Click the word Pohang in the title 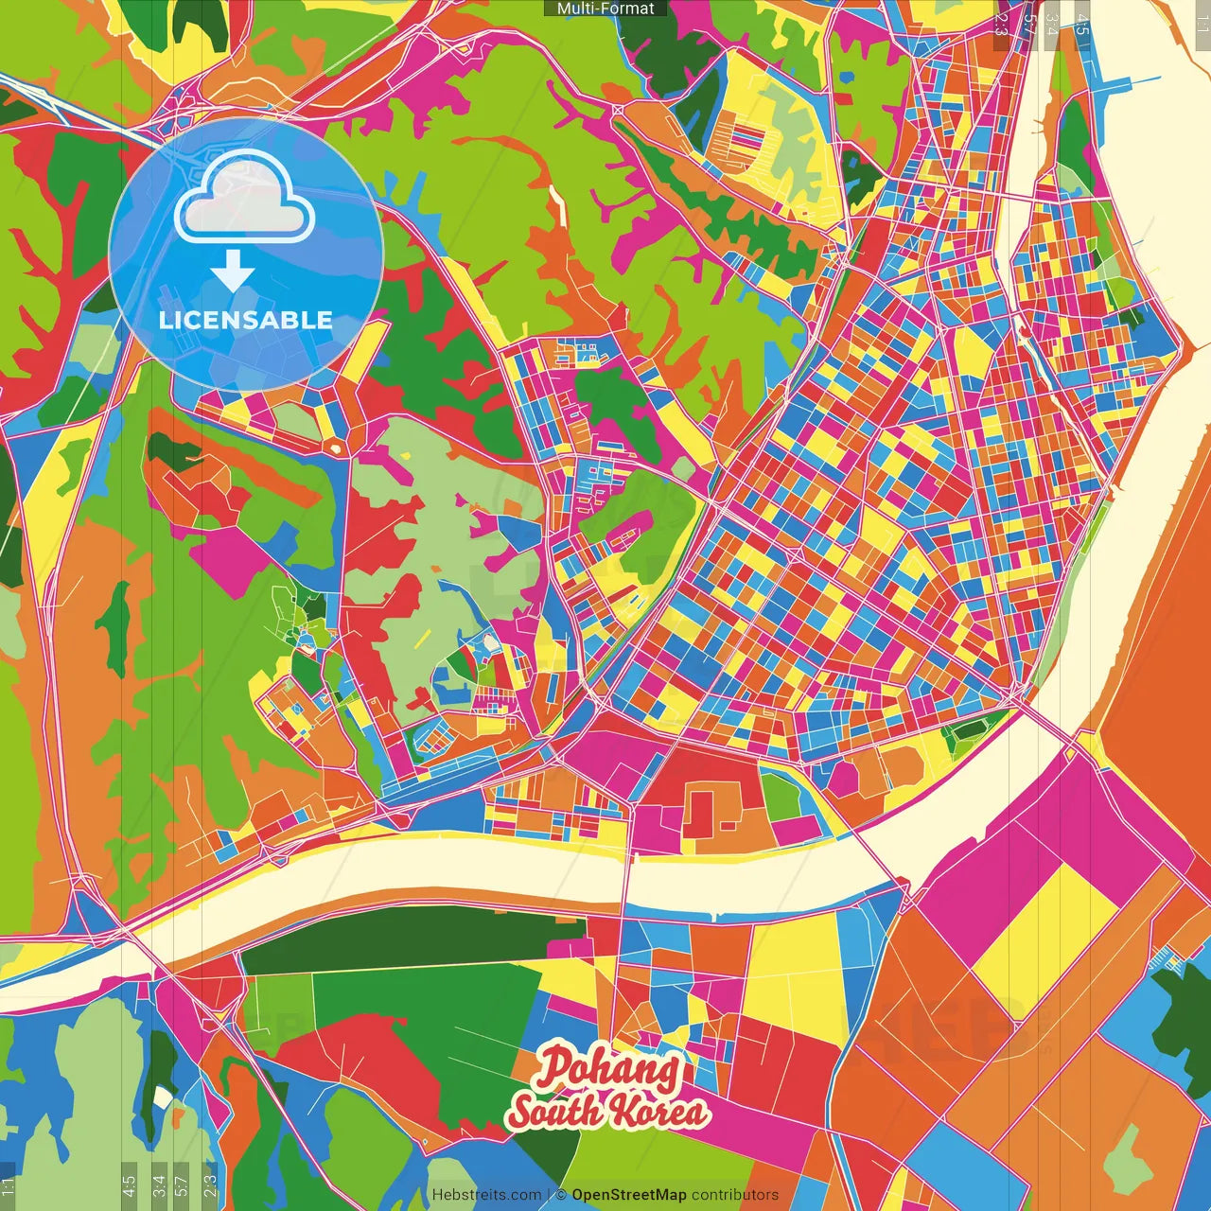(x=609, y=1068)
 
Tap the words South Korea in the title (x=609, y=1110)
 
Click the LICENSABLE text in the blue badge (x=246, y=320)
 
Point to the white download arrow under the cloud (x=233, y=272)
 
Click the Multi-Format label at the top (x=605, y=9)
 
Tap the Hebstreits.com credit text (x=486, y=1195)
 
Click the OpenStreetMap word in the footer (x=629, y=1195)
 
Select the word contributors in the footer (x=735, y=1195)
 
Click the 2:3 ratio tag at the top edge (x=1001, y=25)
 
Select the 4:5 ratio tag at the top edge (x=1082, y=25)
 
